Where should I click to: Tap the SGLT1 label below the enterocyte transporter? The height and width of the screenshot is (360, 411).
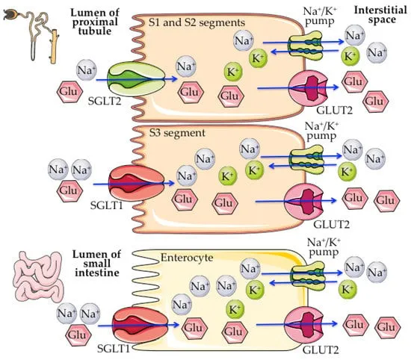(x=111, y=351)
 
